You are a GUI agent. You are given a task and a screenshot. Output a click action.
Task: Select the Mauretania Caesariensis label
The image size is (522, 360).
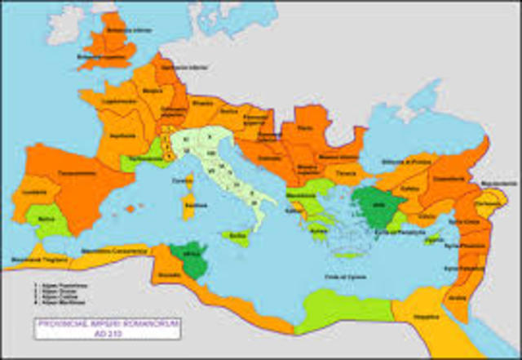click(108, 247)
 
